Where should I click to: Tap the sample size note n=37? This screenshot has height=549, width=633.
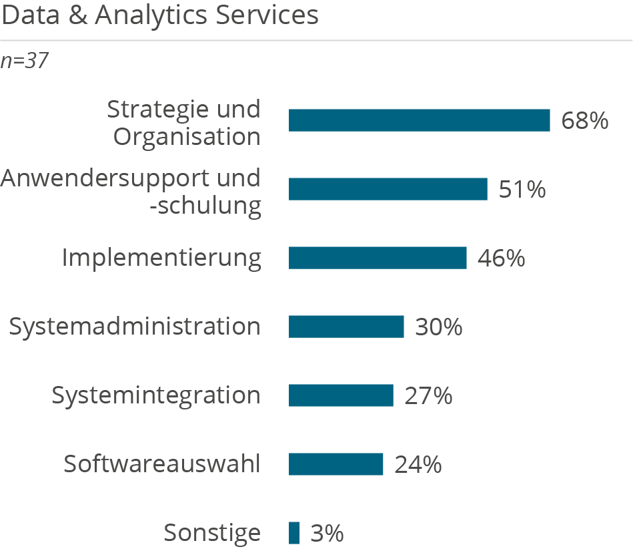click(x=25, y=61)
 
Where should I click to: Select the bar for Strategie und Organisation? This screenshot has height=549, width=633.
click(x=419, y=120)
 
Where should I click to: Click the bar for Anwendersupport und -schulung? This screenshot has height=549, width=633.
click(x=388, y=189)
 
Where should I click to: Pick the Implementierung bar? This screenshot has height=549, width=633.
click(x=378, y=258)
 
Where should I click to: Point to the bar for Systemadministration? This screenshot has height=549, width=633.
click(x=346, y=327)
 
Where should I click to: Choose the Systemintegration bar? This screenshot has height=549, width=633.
click(x=341, y=395)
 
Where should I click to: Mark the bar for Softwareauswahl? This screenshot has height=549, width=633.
click(x=336, y=464)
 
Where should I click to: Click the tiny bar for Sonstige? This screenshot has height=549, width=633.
click(x=294, y=533)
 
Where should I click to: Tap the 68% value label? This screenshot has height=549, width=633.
click(x=585, y=121)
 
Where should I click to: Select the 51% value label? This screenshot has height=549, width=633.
click(x=522, y=190)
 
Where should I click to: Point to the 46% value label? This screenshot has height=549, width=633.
click(x=501, y=258)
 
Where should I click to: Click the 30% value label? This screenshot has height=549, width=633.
click(x=438, y=327)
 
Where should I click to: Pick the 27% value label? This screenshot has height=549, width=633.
click(x=428, y=396)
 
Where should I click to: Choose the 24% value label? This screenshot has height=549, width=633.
click(x=418, y=465)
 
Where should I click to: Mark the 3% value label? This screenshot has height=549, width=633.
click(x=327, y=534)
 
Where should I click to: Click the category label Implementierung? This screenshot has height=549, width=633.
click(x=161, y=258)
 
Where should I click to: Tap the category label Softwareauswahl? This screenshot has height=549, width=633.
click(x=162, y=464)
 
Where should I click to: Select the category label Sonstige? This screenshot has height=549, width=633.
click(x=212, y=534)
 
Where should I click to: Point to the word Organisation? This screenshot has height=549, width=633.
click(x=187, y=137)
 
